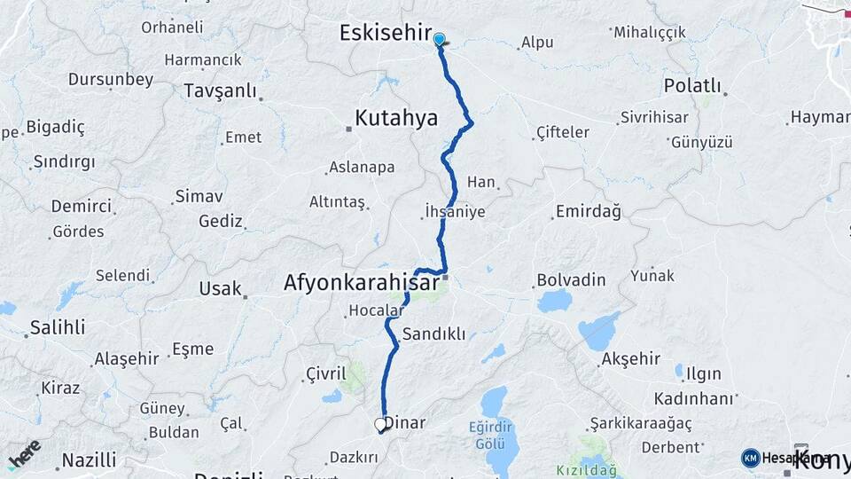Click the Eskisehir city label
click(385, 33)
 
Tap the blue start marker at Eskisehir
click(439, 39)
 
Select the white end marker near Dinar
click(381, 425)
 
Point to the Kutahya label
click(396, 117)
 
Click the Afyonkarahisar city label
click(361, 283)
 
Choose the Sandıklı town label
click(433, 334)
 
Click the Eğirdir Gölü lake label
click(491, 434)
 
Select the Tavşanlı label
click(220, 90)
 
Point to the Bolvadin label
click(571, 280)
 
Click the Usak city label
click(221, 288)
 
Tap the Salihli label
click(58, 327)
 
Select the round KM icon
click(751, 458)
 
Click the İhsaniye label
click(455, 212)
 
